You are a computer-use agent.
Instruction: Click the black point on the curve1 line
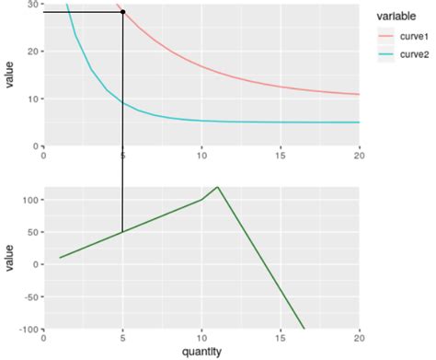pos(123,12)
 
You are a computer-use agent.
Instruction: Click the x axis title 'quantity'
pos(201,351)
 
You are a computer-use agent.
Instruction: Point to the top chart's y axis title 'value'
pos(9,75)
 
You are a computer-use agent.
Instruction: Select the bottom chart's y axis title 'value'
pos(9,259)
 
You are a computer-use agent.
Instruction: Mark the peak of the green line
pos(218,187)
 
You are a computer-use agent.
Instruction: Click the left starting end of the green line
pos(60,258)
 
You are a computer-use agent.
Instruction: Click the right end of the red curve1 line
pos(359,94)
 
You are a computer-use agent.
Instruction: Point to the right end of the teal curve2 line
pos(359,122)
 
